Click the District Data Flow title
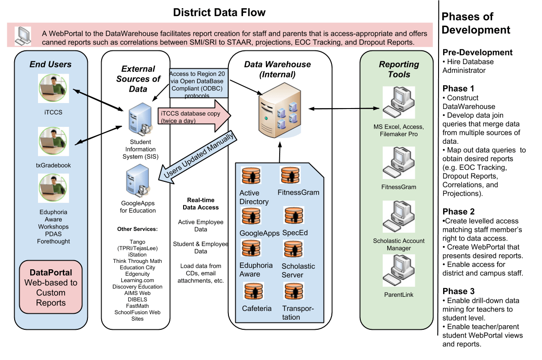(x=219, y=12)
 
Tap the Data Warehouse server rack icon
(x=280, y=110)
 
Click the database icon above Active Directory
(x=251, y=176)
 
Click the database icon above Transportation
(x=293, y=292)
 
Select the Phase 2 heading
(x=458, y=212)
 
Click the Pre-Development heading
(x=477, y=52)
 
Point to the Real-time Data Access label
(x=201, y=204)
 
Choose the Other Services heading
(x=137, y=229)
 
